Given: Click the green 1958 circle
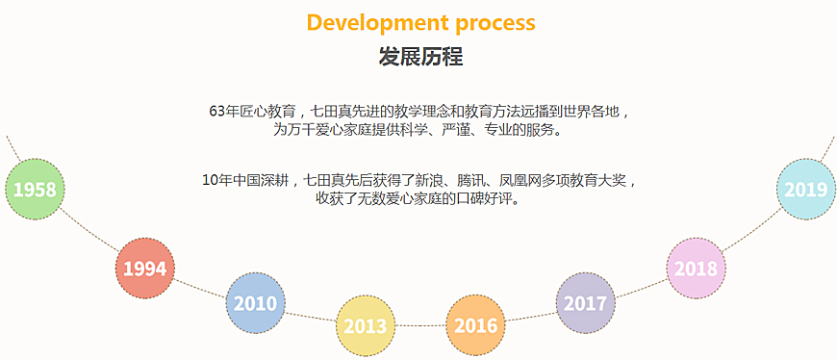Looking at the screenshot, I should point(35,188).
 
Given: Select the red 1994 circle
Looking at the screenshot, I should point(145,269).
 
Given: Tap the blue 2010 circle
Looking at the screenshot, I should point(255,303).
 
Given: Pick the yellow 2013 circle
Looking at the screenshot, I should point(366,324).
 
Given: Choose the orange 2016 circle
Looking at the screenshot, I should point(475,324).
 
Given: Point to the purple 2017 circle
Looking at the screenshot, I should point(586,303).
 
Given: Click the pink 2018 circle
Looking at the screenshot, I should point(696,269).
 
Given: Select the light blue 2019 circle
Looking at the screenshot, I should point(806,190).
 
